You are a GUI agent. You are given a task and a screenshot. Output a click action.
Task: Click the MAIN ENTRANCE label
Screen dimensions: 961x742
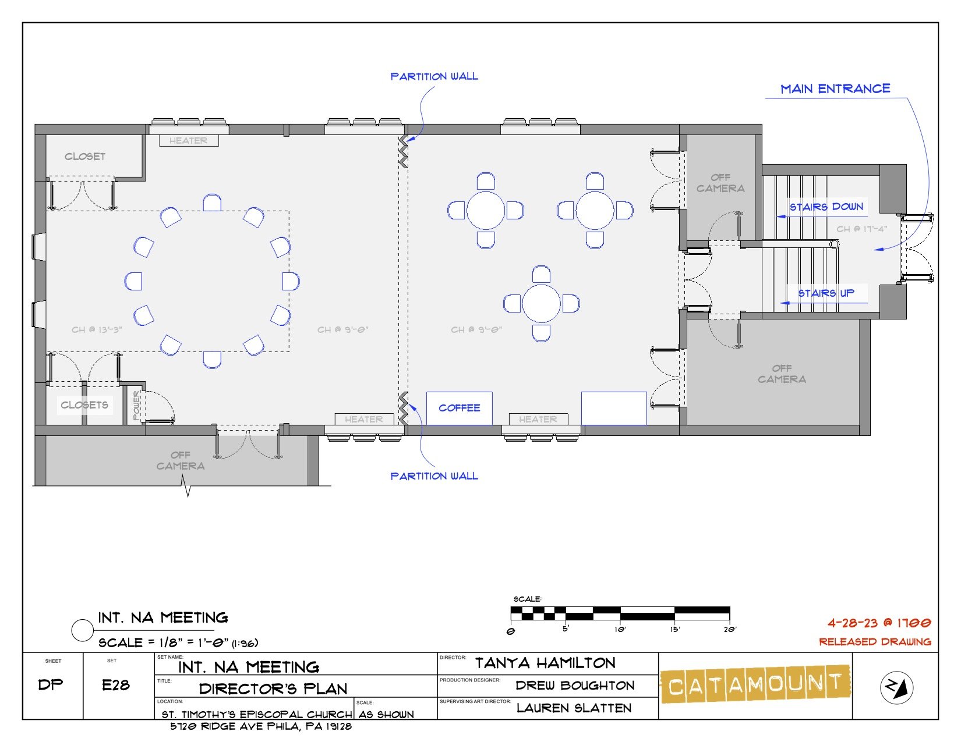coord(835,89)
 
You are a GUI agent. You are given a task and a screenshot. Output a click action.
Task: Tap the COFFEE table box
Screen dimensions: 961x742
coord(459,409)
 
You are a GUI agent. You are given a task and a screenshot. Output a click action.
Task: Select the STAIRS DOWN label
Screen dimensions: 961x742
coord(826,207)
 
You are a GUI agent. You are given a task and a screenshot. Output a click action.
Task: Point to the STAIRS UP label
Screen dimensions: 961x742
coord(826,293)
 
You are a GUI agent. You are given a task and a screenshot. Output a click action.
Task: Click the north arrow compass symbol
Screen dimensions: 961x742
coord(896,687)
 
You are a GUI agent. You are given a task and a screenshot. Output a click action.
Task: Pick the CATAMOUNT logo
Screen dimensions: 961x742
coord(755,684)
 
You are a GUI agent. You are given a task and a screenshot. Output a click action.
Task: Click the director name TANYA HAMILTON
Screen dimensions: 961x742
coord(545,663)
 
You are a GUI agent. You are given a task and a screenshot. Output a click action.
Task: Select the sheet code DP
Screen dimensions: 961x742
coord(51,684)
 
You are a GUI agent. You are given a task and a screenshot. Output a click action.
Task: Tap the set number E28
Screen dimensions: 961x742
coord(116,685)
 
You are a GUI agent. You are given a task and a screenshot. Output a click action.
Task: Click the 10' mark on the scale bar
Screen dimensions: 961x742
coord(620,629)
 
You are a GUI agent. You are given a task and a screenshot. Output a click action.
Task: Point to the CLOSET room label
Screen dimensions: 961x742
coord(85,157)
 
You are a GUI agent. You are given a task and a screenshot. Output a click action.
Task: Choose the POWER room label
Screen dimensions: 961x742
coord(137,405)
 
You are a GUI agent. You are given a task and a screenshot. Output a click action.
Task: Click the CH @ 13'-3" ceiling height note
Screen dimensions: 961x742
coord(97,329)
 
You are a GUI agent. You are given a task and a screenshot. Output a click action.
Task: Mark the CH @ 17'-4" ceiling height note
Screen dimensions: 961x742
coord(861,229)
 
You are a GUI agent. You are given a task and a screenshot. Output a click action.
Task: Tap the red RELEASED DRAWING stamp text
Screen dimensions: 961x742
coord(875,642)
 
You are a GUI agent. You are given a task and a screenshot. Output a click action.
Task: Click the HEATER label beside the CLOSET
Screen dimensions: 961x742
coord(188,140)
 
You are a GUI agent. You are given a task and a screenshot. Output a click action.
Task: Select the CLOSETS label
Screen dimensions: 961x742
coord(84,405)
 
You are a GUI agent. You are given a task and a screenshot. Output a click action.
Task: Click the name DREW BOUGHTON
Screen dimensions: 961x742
coord(575,686)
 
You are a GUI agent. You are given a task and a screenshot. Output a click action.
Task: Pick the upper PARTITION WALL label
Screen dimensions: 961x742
coord(434,76)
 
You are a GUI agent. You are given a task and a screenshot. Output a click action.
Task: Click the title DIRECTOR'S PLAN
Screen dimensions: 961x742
coord(273,688)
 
